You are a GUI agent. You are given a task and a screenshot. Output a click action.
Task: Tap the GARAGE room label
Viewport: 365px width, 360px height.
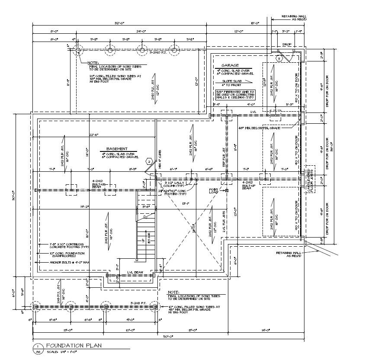(x=230, y=65)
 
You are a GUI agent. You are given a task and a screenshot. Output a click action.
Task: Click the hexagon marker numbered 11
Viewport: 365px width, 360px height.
(x=279, y=58)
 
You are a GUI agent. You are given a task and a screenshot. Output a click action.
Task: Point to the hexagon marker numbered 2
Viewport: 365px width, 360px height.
(x=149, y=161)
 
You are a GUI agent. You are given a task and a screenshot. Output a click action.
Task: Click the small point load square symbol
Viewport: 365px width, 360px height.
(x=227, y=190)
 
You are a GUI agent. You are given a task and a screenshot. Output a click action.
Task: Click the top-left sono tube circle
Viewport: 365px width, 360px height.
(x=78, y=50)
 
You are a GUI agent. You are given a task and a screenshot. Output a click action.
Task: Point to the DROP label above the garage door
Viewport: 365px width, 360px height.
(x=287, y=44)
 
